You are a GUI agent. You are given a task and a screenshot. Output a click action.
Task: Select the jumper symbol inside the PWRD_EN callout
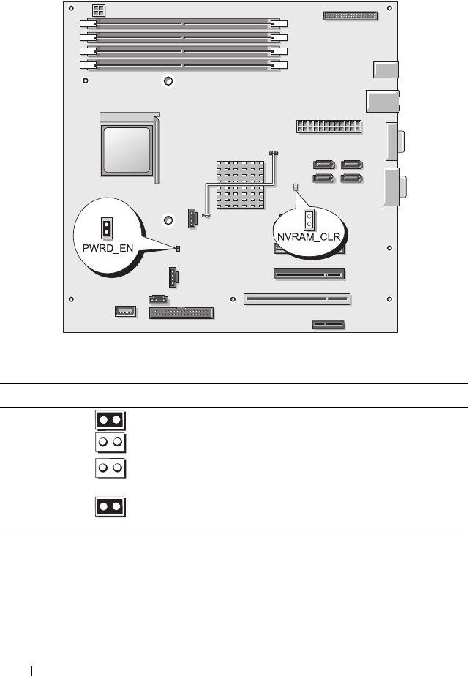click(106, 228)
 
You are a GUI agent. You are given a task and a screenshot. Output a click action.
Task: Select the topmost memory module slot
click(183, 24)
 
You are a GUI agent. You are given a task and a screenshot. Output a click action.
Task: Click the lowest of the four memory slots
click(183, 65)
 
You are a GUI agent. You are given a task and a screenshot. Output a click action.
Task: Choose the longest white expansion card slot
click(298, 298)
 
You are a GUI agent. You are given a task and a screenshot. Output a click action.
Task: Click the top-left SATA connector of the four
click(325, 165)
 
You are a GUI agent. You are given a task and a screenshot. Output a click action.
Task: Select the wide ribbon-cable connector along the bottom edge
click(181, 314)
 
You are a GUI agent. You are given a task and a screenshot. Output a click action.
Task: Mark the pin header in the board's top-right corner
click(349, 15)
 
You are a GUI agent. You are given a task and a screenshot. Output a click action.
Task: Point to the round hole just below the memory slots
click(168, 81)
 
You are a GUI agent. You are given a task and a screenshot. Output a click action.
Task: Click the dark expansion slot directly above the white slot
click(309, 275)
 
